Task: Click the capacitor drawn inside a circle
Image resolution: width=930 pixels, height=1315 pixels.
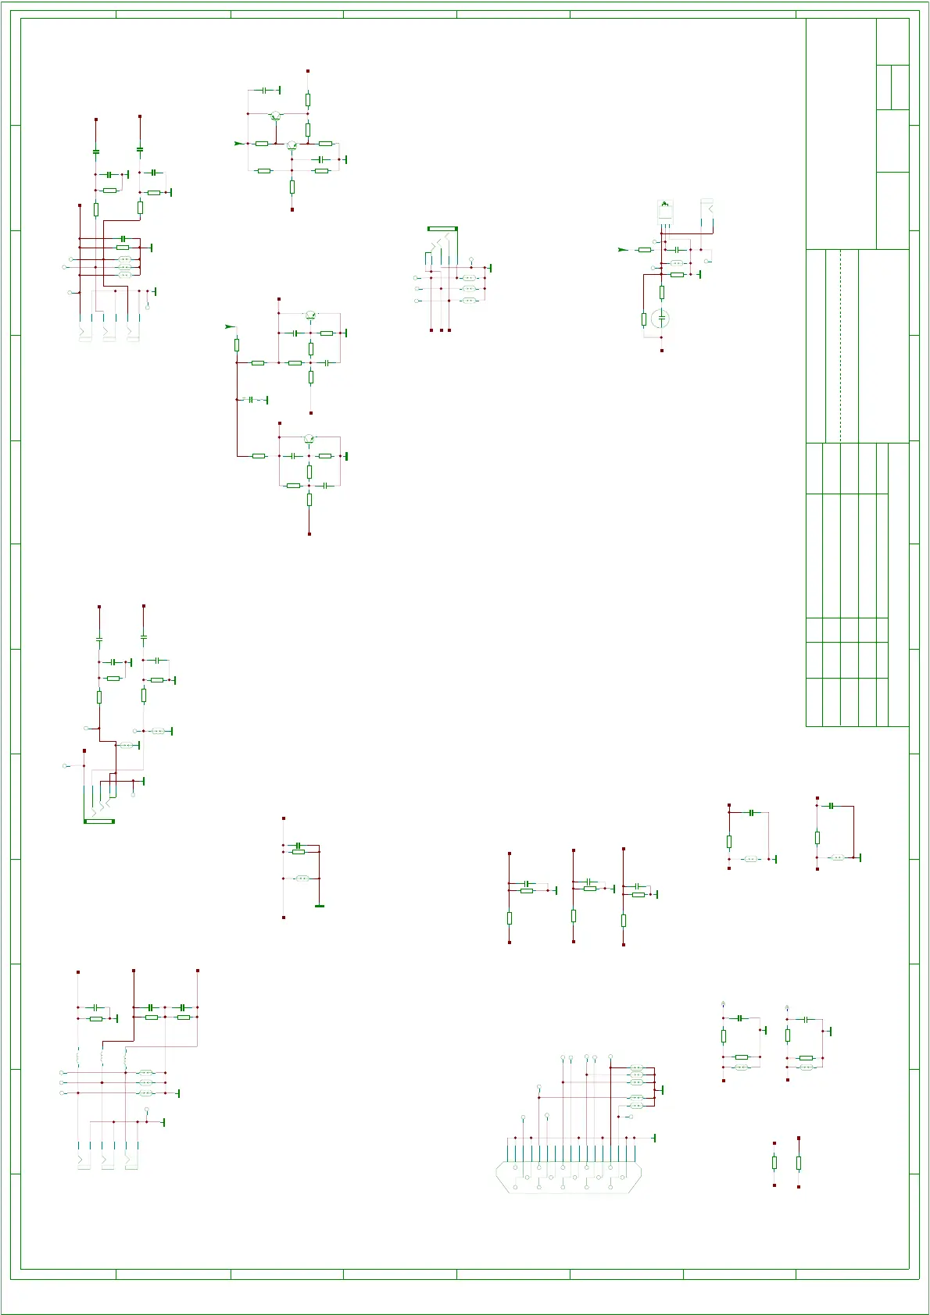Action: click(662, 318)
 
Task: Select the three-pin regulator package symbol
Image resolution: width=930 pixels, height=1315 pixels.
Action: click(665, 210)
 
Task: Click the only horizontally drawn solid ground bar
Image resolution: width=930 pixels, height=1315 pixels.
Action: click(319, 906)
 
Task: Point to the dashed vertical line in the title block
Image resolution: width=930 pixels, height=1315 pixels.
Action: click(841, 346)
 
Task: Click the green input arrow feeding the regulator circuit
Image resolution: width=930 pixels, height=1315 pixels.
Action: click(622, 250)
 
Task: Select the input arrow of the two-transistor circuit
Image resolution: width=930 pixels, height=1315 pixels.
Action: click(238, 144)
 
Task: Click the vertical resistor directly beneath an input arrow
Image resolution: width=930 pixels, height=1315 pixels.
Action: click(237, 344)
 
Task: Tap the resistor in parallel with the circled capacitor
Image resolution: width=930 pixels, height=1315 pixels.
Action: click(644, 319)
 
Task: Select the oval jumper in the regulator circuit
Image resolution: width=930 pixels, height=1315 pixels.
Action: click(677, 263)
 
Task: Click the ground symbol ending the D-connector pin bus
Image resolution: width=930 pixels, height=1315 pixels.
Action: click(653, 1138)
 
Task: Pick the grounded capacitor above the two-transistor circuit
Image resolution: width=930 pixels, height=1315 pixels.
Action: click(264, 91)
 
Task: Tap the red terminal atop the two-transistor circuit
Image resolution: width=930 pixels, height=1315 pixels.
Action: click(308, 71)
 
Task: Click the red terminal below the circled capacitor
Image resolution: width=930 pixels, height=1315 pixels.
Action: click(662, 351)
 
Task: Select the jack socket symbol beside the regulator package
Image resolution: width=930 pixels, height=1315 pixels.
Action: click(708, 211)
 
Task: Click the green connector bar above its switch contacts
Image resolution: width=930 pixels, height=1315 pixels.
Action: click(442, 229)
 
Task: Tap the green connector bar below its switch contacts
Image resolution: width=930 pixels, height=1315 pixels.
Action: click(99, 821)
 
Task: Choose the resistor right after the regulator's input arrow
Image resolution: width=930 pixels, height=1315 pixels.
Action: click(645, 250)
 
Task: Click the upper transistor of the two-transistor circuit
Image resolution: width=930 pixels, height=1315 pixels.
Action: click(275, 116)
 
